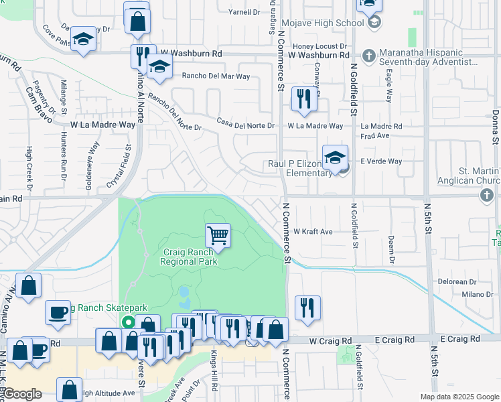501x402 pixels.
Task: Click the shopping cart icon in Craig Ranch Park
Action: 218,235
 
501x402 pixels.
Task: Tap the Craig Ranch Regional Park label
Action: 190,257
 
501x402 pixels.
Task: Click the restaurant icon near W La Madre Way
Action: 304,99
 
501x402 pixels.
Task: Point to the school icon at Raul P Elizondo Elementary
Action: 335,157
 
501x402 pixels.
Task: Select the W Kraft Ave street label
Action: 313,232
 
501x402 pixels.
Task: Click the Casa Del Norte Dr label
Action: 245,125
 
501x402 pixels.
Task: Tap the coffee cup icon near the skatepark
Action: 58,312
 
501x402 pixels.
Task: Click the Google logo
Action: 22,394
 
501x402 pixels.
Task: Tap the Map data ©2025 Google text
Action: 459,397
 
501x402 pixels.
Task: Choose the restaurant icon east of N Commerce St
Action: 307,308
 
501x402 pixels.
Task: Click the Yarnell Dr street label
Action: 244,12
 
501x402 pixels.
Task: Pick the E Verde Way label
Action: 381,161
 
